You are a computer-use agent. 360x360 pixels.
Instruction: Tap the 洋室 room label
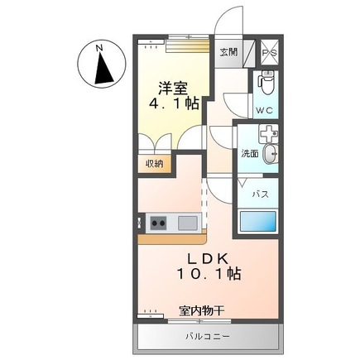(x=172, y=86)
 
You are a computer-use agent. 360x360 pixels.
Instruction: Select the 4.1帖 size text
(x=172, y=104)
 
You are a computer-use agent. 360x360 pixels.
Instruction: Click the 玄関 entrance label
(x=228, y=51)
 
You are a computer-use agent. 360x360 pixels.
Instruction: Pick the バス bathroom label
(x=260, y=194)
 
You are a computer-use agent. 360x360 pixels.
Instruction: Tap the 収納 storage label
(x=155, y=163)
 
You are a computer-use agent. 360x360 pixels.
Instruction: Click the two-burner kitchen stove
(x=159, y=222)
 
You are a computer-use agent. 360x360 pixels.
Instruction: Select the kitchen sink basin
(x=187, y=222)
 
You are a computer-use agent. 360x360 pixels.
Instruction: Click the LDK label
(x=201, y=257)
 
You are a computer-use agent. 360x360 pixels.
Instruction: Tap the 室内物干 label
(x=202, y=311)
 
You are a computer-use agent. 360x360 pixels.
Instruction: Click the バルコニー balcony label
(x=207, y=336)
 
